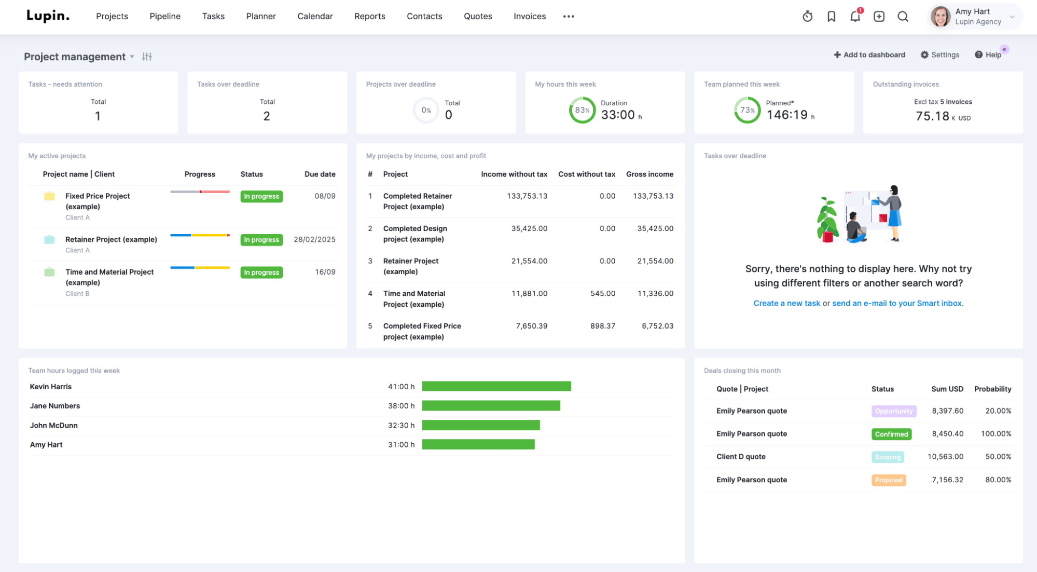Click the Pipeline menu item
[165, 16]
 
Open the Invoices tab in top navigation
[529, 16]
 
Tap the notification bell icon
[855, 17]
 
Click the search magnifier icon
[903, 17]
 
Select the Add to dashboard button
[869, 55]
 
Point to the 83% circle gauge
[582, 110]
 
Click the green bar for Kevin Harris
[496, 386]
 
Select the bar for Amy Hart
[478, 444]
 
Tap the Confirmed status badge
[891, 434]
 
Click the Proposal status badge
[888, 480]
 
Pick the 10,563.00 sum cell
[945, 457]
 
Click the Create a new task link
[786, 303]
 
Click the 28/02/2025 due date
[314, 239]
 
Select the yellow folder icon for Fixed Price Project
[49, 196]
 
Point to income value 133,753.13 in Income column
[527, 196]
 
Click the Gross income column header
[649, 174]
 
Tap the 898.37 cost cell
[602, 326]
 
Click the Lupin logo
[48, 16]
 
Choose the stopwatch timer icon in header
[807, 17]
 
